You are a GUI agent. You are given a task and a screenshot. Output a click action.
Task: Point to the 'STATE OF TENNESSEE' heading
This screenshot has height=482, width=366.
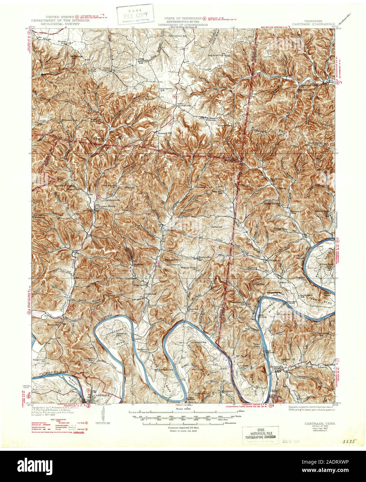[183, 18]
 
